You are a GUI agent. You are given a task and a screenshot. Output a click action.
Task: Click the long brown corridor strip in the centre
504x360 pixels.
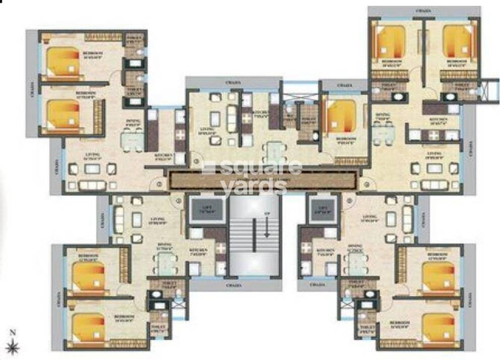click(x=262, y=179)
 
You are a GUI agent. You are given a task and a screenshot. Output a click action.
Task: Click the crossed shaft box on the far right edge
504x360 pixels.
click(x=489, y=91)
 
